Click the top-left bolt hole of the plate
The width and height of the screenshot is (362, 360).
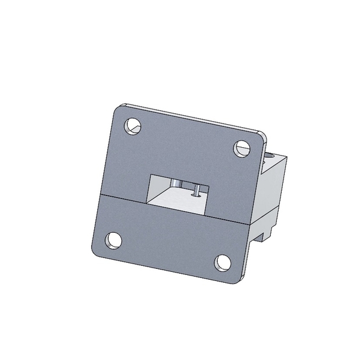point(132,127)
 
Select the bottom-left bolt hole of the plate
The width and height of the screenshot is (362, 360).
point(112,241)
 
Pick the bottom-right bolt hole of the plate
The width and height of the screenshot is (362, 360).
point(222,262)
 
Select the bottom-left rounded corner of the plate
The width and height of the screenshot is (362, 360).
point(94,252)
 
